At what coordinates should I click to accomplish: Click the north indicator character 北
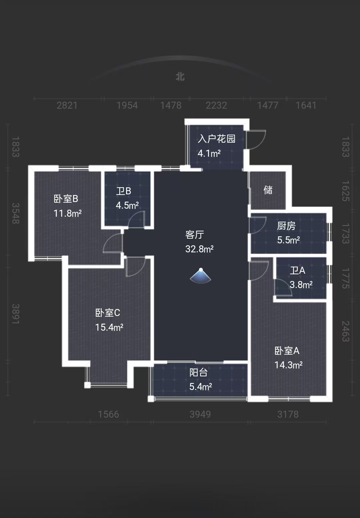[180, 77]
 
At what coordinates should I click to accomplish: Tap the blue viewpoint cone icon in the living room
[200, 276]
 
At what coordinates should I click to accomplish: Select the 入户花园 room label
[216, 139]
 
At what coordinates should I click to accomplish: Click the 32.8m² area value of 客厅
[199, 249]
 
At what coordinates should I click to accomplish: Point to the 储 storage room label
[268, 190]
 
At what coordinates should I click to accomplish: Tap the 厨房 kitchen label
[286, 226]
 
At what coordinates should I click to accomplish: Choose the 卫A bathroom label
[297, 270]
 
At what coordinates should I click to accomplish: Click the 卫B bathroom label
[123, 191]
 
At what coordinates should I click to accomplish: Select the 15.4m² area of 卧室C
[109, 327]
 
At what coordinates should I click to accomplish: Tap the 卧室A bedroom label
[287, 351]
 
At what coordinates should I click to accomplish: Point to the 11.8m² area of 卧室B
[68, 213]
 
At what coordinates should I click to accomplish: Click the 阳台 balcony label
[198, 372]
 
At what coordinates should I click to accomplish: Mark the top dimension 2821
[67, 105]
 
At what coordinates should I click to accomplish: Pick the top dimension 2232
[216, 105]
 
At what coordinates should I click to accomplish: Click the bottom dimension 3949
[200, 414]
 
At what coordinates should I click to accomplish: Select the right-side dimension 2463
[345, 331]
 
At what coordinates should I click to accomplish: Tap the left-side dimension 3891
[15, 314]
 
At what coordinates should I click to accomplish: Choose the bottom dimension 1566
[108, 414]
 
